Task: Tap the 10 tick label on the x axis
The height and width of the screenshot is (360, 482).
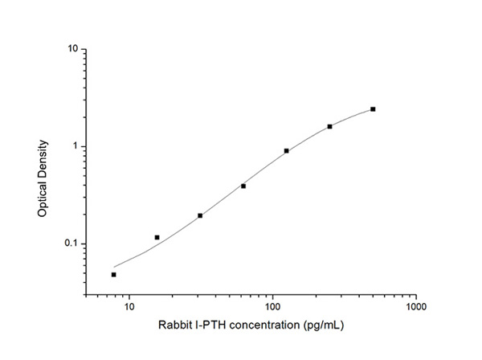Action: (x=129, y=308)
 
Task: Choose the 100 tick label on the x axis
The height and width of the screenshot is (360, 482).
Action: (x=273, y=308)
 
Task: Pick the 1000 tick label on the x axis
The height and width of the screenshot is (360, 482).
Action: (x=416, y=308)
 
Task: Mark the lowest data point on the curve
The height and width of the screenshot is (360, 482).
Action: (x=114, y=275)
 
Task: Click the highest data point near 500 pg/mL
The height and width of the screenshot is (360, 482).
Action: (x=373, y=109)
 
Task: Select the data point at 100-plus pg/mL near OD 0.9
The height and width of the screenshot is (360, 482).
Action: (x=286, y=151)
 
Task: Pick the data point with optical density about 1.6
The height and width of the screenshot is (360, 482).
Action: (x=329, y=126)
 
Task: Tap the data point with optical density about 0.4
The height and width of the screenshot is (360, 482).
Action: (x=243, y=186)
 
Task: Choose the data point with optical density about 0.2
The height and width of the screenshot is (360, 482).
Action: (x=200, y=215)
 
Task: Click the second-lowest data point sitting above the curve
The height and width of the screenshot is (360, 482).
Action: (x=157, y=237)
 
